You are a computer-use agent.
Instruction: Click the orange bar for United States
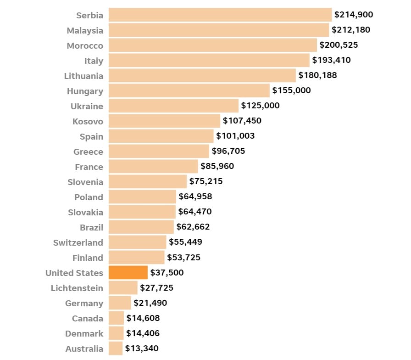click(x=128, y=273)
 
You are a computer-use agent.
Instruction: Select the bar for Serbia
click(x=220, y=15)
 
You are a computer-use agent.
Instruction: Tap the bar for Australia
click(x=116, y=349)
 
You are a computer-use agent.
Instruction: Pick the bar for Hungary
click(x=189, y=90)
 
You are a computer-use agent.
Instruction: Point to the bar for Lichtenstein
click(x=123, y=288)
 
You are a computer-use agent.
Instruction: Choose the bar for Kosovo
click(x=164, y=121)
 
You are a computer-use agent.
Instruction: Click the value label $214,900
click(x=354, y=15)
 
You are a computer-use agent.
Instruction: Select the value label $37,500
click(x=167, y=273)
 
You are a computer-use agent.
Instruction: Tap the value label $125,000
click(x=260, y=106)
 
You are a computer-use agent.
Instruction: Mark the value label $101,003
click(x=235, y=136)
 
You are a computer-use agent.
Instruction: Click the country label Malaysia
click(x=85, y=30)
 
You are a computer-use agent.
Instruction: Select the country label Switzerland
click(x=78, y=242)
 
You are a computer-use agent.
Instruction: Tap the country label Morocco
click(x=85, y=45)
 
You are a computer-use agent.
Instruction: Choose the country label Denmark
click(x=84, y=333)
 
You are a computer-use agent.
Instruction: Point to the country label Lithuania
click(x=83, y=76)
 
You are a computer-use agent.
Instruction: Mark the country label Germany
click(x=84, y=303)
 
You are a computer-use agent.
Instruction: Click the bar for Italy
click(x=209, y=60)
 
